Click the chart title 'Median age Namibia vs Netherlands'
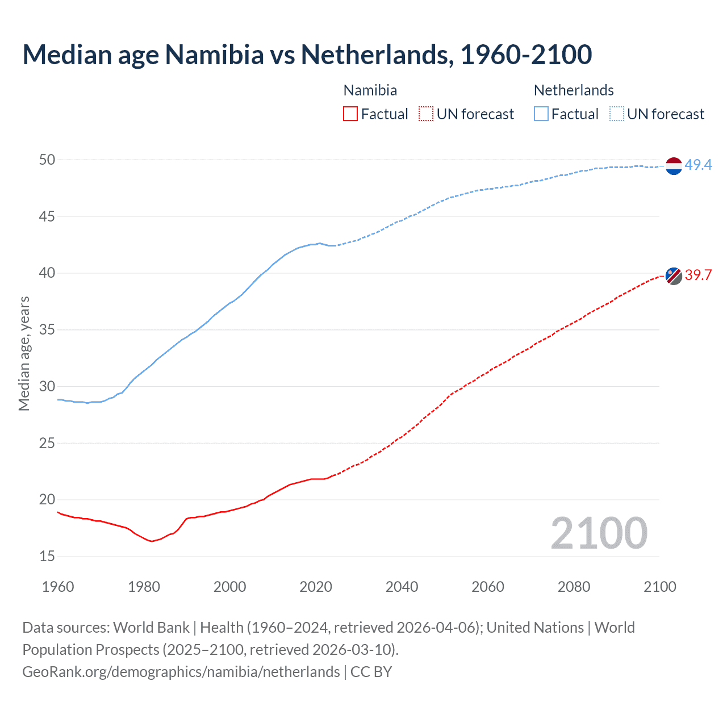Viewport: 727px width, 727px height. [307, 55]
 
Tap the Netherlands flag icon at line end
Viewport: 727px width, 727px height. [673, 166]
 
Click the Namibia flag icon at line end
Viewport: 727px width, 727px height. [673, 275]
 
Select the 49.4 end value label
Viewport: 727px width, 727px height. [698, 165]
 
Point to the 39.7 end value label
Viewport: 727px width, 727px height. [698, 275]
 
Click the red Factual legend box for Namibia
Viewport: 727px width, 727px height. [350, 114]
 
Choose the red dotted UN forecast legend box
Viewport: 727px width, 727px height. [426, 114]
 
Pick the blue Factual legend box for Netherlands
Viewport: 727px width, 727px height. [541, 114]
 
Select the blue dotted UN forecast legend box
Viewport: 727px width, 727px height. [617, 114]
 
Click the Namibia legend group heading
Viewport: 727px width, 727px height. [370, 90]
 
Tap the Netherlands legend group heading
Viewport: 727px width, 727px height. [574, 90]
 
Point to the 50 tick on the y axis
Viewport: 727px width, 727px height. [47, 160]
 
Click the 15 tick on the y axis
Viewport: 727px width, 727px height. [47, 556]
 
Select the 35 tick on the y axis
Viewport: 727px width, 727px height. [47, 329]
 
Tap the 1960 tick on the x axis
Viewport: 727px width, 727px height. [58, 587]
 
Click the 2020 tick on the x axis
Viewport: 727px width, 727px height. [316, 587]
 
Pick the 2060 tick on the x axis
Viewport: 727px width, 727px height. [488, 587]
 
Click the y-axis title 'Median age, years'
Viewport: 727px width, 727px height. [24, 353]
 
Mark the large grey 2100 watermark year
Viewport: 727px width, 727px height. [599, 533]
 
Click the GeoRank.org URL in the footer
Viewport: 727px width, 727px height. [181, 672]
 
